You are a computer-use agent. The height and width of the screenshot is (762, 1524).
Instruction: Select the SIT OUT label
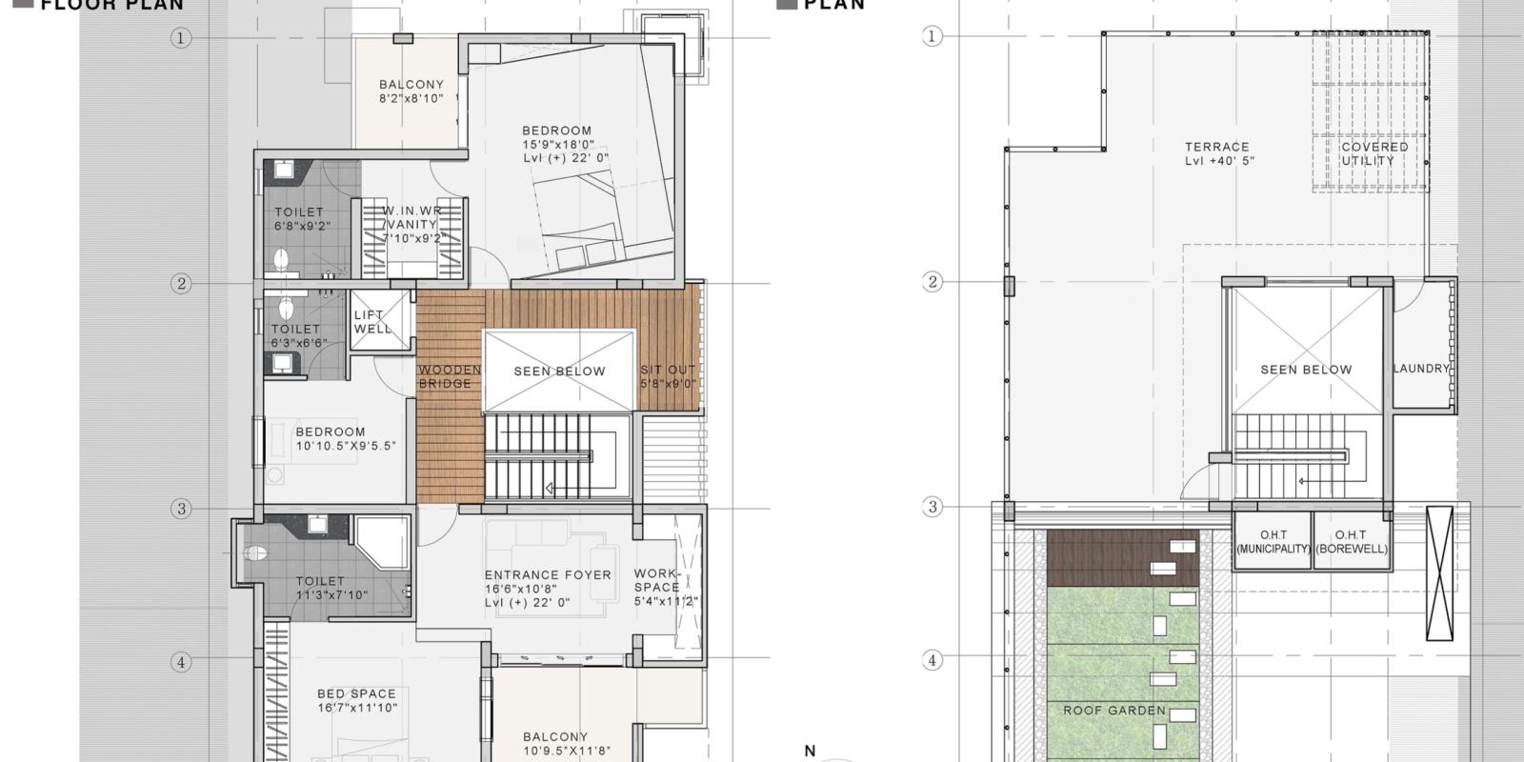pos(668,376)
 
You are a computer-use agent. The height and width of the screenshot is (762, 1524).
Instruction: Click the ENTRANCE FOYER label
pos(548,575)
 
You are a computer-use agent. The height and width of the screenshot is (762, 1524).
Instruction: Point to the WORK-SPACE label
pos(656,581)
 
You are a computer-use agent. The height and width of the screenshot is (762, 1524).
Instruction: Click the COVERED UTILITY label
pos(1374,153)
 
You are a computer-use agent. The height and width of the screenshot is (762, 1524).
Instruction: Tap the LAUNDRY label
pos(1421,369)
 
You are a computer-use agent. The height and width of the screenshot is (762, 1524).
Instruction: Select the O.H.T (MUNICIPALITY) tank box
pos(1273,542)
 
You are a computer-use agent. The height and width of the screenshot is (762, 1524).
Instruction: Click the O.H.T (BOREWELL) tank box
pos(1351,542)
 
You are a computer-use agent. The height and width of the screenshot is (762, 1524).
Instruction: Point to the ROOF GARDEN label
pos(1114,711)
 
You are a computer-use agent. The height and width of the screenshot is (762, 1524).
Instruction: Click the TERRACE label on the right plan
pos(1216,147)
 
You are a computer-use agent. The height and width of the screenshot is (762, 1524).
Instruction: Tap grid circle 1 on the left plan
pos(181,38)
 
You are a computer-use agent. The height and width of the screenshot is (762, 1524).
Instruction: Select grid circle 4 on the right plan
pos(932,660)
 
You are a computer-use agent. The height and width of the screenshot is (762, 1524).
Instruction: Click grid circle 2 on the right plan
pos(932,282)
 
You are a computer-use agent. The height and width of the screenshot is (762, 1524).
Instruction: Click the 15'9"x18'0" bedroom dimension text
pos(557,145)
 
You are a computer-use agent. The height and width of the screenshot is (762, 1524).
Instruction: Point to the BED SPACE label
pos(356,694)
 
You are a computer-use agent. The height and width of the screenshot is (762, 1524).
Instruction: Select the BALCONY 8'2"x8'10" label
pos(411,91)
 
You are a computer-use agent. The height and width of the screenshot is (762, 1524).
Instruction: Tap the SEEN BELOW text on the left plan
pos(559,371)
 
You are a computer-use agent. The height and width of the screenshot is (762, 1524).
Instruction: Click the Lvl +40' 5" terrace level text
pos(1219,161)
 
